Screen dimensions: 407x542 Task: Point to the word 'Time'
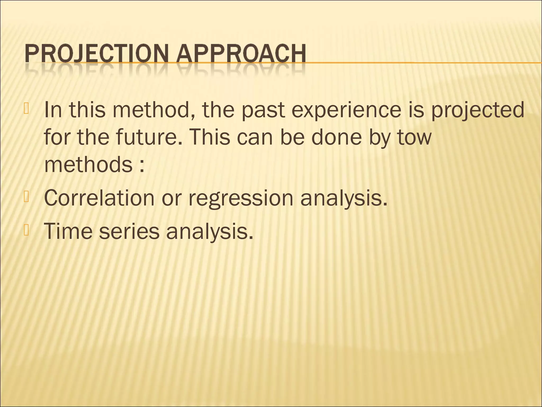coord(67,231)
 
